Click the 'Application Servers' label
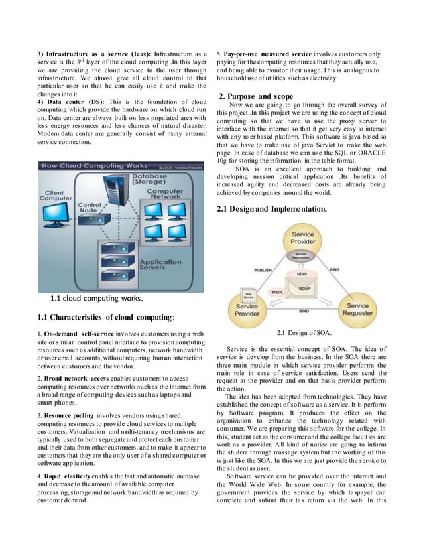tap(162, 267)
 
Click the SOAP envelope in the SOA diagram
tap(303, 288)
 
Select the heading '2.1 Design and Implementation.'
tap(272, 210)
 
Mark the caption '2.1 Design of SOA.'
tap(302, 332)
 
